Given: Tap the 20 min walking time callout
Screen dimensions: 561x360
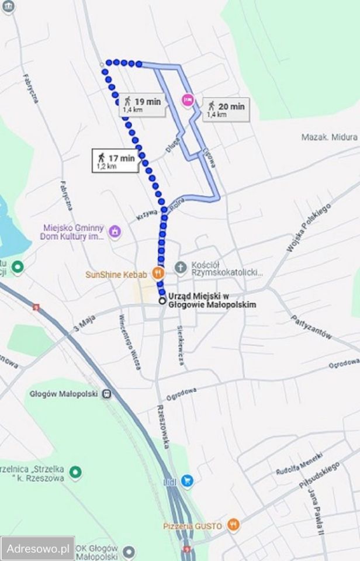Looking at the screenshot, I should coord(226,109).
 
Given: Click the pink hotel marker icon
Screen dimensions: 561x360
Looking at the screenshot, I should coord(187,100).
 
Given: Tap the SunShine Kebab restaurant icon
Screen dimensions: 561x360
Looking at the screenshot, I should coord(157,272).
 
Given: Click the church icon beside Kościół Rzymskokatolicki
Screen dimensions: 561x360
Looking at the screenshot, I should coord(181,268).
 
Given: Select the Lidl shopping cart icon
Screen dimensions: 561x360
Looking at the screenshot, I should coord(187,481).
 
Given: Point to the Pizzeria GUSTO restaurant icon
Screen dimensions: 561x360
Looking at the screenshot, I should coord(233,525).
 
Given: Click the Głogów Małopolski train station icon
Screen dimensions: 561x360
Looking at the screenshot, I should coord(106,394).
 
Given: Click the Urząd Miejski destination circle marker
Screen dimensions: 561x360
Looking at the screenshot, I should coord(162,300).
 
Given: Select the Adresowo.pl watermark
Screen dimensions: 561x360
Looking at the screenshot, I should coord(37,549).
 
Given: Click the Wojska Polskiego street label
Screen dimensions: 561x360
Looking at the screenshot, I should coord(309,227).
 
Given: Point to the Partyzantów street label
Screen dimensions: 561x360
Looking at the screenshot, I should coord(311,327).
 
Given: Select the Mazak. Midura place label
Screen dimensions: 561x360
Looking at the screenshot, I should coord(328,137).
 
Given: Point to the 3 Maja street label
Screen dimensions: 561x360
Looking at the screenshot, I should coord(84,325).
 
